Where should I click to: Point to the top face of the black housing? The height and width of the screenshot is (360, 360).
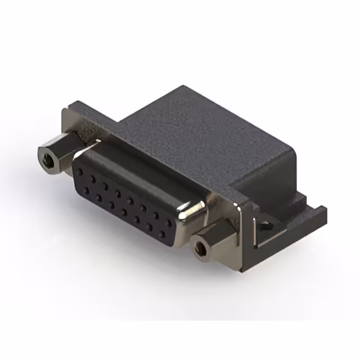[186, 129]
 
